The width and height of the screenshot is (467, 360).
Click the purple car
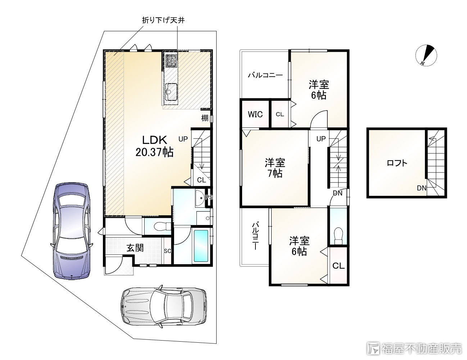pos(71,230)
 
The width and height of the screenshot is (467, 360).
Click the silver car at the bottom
pos(164,306)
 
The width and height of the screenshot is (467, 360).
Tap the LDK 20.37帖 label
pos(154,146)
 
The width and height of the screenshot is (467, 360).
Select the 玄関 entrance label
pos(135,248)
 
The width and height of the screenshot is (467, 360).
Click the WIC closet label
pos(255,114)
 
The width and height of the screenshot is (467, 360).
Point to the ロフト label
pos(397,163)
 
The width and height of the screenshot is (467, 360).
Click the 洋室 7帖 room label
pos(275,168)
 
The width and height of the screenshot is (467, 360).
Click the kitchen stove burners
pos(171,61)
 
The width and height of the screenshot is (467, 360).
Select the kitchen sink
pos(171,91)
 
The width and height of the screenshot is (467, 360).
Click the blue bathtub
pos(201,246)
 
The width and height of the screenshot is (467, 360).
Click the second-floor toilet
pos(338,234)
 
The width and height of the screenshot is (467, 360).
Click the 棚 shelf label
pos(205,118)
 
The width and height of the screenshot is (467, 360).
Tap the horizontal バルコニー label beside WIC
pos(265,76)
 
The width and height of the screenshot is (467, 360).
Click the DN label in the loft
pos(422,188)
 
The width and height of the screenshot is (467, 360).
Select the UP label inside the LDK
pos(183,139)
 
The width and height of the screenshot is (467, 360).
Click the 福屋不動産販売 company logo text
pos(421,348)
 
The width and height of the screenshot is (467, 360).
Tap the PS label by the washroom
pos(209,197)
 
